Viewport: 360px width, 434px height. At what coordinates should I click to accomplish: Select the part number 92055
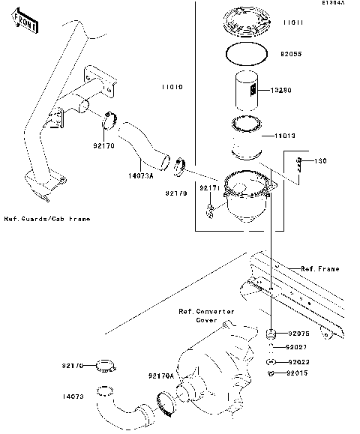[294, 55]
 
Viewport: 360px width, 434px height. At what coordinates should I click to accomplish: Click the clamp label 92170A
[161, 376]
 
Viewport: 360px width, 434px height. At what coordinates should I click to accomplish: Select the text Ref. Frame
[320, 268]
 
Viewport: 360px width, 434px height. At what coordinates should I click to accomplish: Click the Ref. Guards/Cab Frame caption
[46, 219]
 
